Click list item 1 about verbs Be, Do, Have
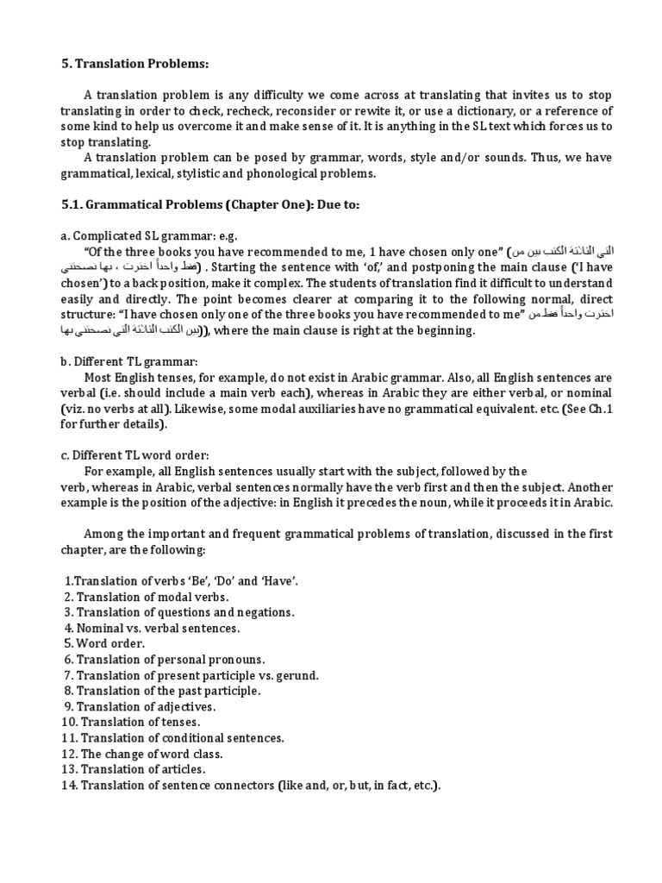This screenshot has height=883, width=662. (182, 582)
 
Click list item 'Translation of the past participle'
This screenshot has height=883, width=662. (162, 690)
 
